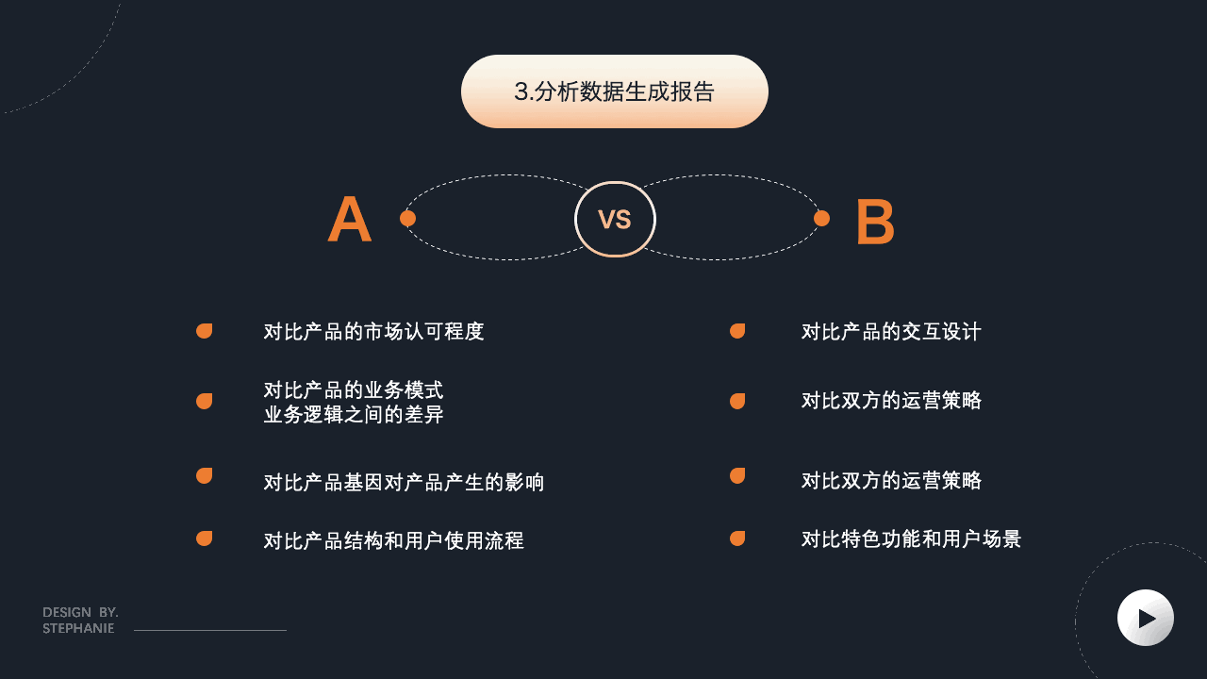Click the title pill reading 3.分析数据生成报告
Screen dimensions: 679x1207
[614, 91]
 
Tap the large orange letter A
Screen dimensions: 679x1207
[349, 220]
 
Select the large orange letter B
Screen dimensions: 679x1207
[874, 223]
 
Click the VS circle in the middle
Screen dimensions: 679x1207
[615, 220]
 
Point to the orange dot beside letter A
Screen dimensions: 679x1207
[407, 219]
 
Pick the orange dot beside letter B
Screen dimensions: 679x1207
[821, 219]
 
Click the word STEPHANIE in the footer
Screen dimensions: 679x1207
[78, 629]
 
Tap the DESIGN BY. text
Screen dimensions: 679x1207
[80, 613]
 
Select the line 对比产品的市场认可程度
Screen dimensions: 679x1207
[373, 332]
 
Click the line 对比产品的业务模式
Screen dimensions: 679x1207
[354, 390]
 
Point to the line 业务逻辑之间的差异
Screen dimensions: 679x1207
[354, 415]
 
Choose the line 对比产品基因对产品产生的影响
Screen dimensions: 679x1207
[404, 483]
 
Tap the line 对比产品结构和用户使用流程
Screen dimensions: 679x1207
[393, 541]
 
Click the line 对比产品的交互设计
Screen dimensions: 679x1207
[891, 332]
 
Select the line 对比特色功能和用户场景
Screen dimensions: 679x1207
[911, 539]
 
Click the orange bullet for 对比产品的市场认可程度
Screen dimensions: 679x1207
[204, 331]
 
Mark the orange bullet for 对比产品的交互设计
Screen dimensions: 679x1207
[737, 331]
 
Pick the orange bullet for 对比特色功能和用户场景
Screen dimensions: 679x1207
[737, 538]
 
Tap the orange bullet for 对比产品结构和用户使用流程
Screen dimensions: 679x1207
[204, 538]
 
